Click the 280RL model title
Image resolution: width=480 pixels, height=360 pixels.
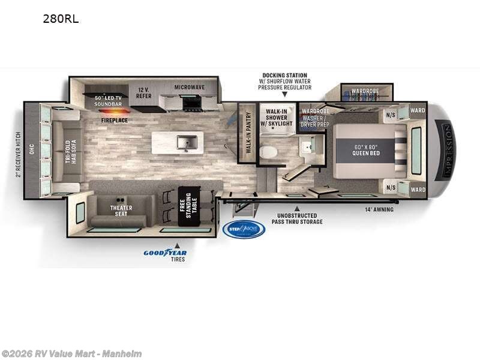pyautogui.click(x=61, y=19)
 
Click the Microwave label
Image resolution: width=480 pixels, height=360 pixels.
pyautogui.click(x=190, y=87)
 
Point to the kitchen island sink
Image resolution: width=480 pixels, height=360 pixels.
pyautogui.click(x=185, y=143)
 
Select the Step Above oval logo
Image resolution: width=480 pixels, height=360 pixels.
pyautogui.click(x=244, y=229)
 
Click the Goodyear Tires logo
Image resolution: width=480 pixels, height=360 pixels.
pyautogui.click(x=165, y=254)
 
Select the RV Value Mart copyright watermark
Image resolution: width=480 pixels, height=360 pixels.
pyautogui.click(x=71, y=354)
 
